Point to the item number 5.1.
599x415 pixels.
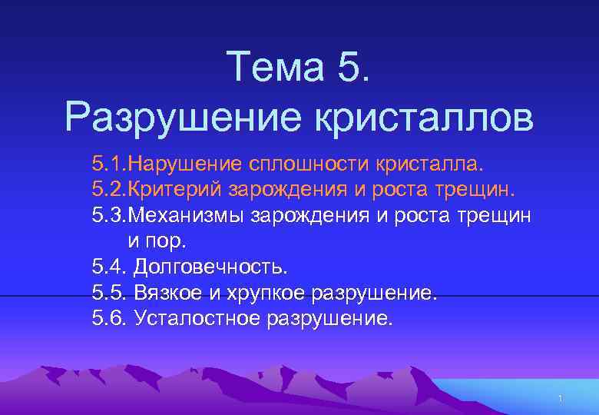coord(109,164)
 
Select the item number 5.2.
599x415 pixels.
coord(109,190)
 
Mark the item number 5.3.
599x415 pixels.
coord(109,216)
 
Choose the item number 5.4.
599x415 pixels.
coord(109,267)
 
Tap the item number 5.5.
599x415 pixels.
coord(109,293)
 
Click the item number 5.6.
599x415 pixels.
coord(109,319)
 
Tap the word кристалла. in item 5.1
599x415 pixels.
coord(430,164)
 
